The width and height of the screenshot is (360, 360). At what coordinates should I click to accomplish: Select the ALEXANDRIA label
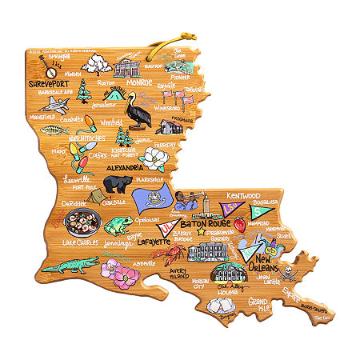pyautogui.click(x=126, y=169)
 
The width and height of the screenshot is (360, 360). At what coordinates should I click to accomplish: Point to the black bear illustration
pyautogui.click(x=118, y=183)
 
